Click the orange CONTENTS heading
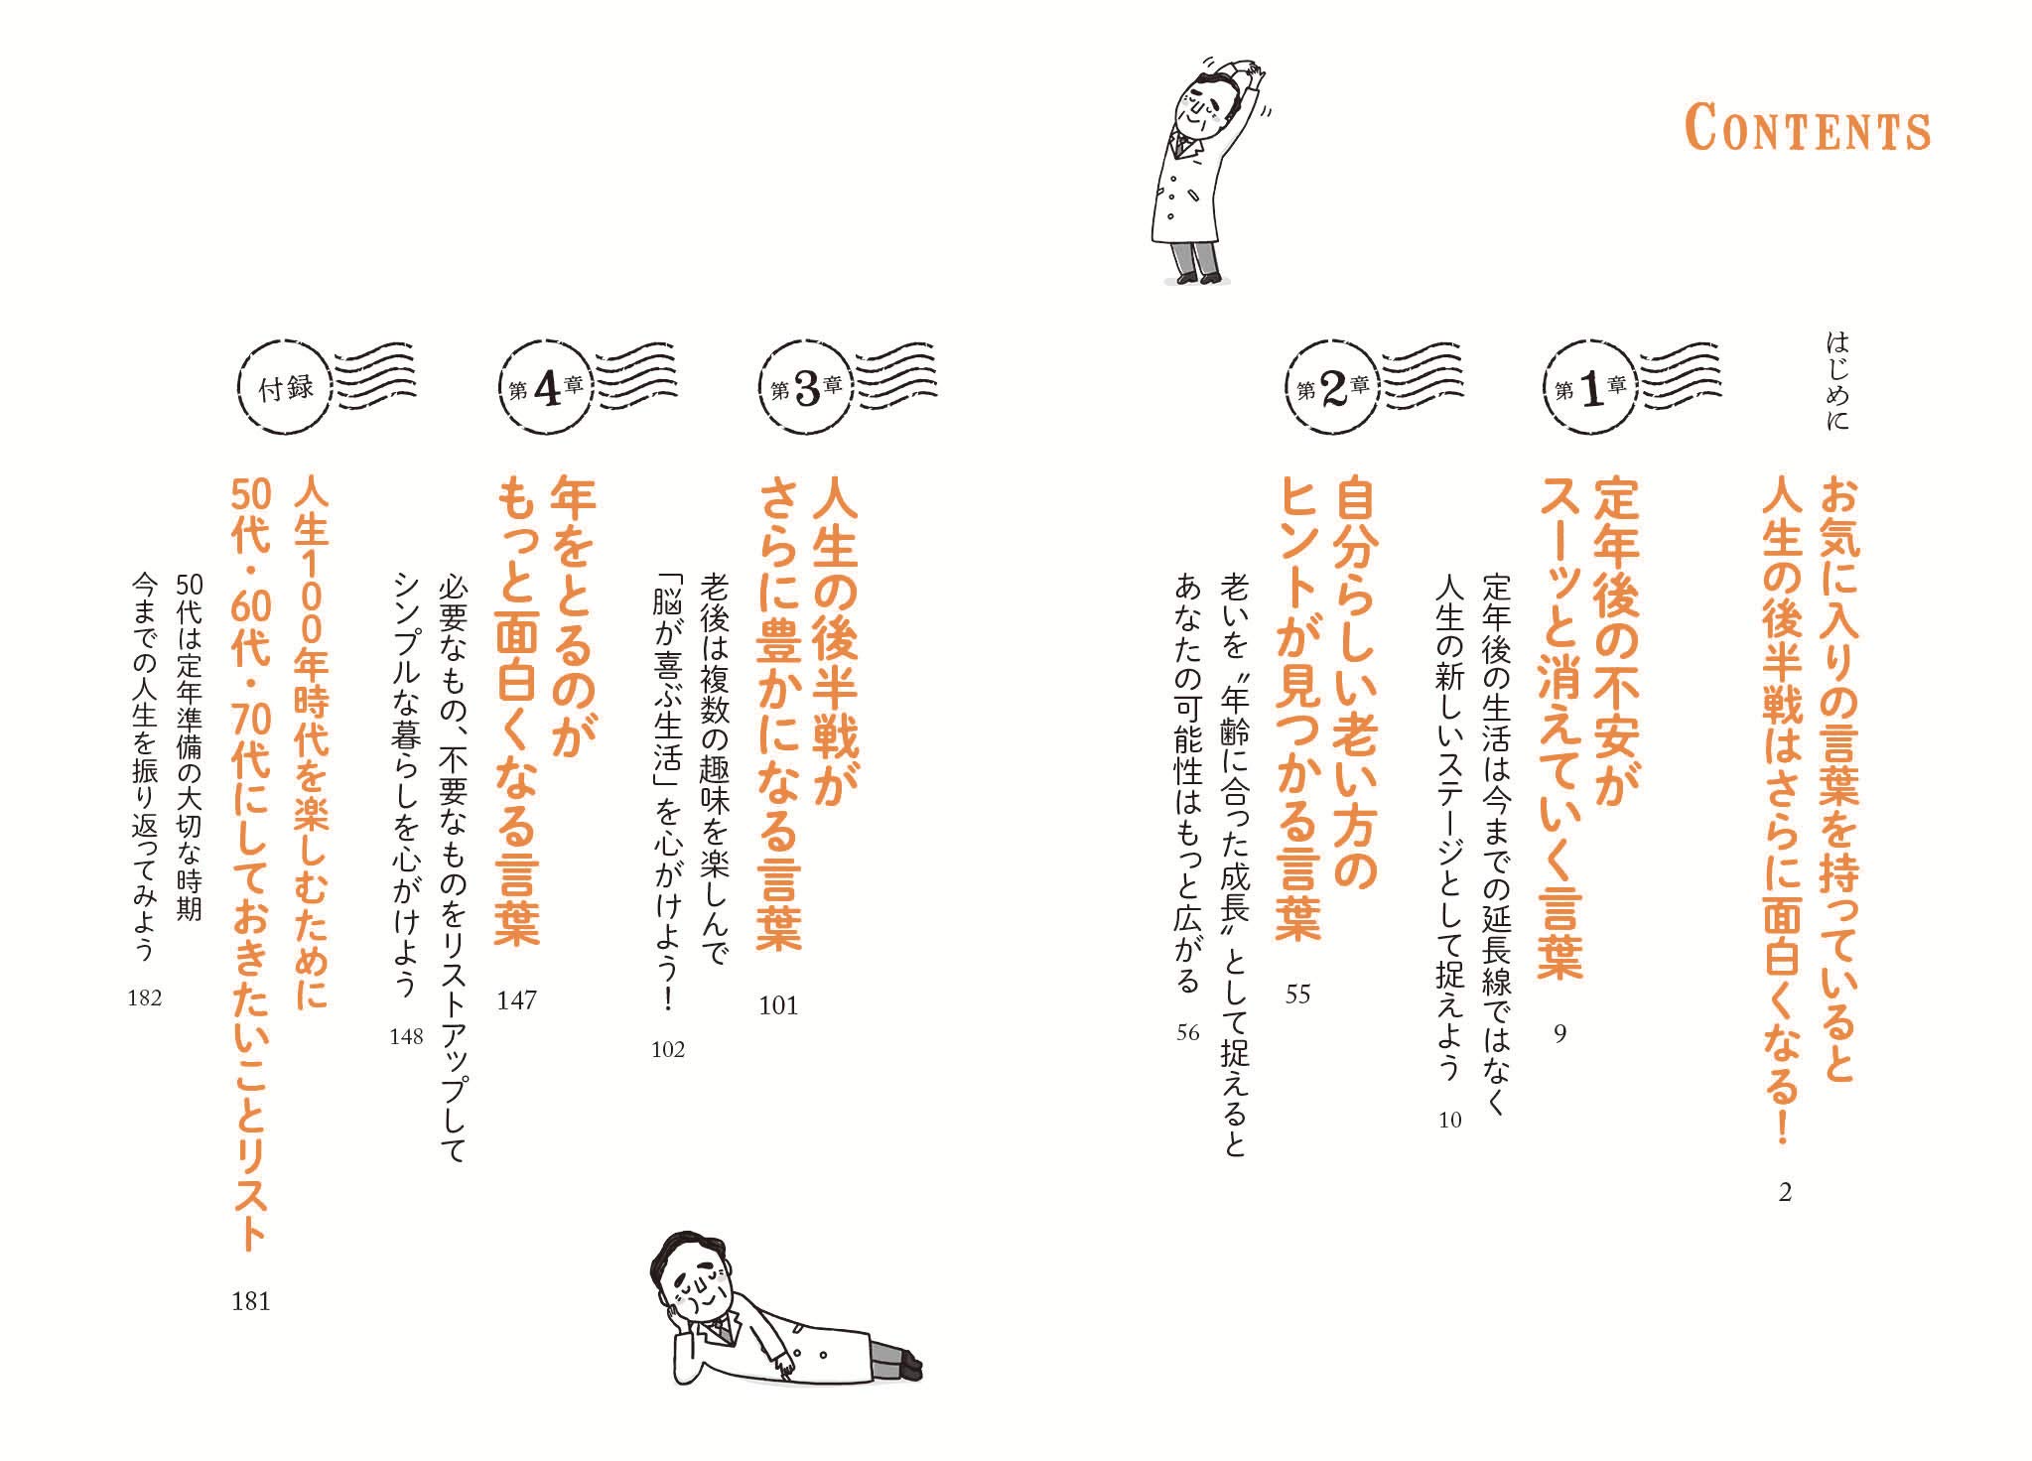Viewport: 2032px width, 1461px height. (x=1807, y=130)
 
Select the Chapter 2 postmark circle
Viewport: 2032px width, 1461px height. (x=1333, y=387)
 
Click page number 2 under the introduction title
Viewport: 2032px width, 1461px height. (x=1785, y=1193)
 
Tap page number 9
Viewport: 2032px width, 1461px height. (x=1559, y=1034)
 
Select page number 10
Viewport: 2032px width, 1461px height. (x=1450, y=1121)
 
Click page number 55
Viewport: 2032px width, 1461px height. (x=1297, y=995)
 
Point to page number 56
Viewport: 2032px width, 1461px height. (x=1188, y=1033)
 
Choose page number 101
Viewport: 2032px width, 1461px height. (x=778, y=1006)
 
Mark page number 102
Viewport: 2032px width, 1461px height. (x=668, y=1050)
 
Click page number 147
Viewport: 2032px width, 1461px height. (x=516, y=1000)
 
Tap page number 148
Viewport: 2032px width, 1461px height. (x=406, y=1037)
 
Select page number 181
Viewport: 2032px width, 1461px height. (x=251, y=1301)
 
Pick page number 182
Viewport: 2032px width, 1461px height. (x=145, y=998)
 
